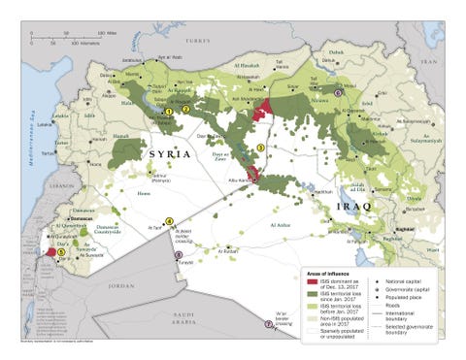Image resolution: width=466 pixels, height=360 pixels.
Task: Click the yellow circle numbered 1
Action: click(168, 112)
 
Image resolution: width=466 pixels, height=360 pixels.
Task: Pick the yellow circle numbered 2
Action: click(186, 109)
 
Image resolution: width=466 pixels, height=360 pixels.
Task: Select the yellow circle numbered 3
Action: click(259, 147)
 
